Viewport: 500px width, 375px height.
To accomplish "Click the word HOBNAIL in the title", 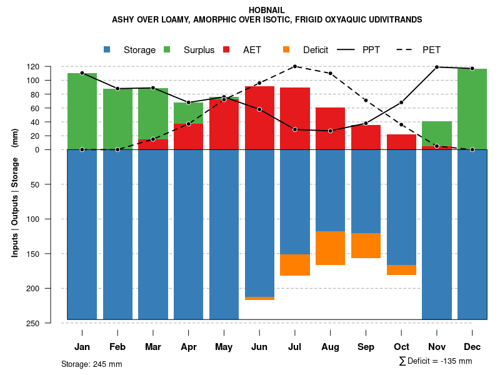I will (267, 10).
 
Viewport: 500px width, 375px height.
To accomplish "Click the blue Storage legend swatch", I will (107, 49).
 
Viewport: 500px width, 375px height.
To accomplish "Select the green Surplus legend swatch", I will (167, 49).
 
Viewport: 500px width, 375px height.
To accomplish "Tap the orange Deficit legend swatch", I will (286, 49).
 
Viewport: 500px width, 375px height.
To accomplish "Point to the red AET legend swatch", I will (227, 49).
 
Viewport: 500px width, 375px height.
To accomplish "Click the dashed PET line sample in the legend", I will (407, 49).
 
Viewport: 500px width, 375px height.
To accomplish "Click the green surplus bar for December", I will (472, 109).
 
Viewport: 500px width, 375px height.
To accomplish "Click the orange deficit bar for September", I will (366, 246).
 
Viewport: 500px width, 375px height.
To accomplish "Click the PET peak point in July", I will (295, 66).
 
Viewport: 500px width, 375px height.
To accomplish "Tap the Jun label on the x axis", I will (259, 347).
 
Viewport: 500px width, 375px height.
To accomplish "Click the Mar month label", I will (153, 347).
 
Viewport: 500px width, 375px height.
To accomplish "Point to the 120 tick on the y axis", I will (51, 66).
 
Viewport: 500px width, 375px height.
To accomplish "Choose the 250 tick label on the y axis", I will (51, 323).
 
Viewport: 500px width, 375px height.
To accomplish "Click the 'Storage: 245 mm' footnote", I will (91, 364).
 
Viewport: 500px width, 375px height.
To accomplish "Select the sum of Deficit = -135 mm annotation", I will (436, 361).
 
